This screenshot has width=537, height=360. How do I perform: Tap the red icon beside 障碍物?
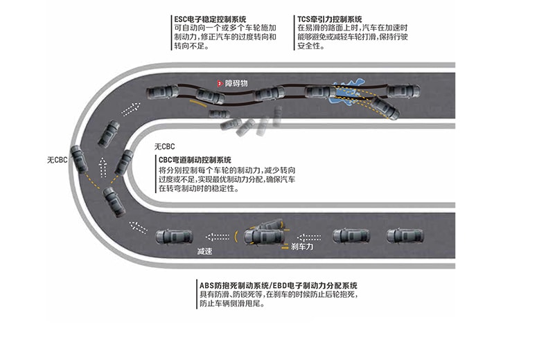click(x=219, y=83)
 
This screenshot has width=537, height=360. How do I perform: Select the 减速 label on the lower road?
click(x=204, y=251)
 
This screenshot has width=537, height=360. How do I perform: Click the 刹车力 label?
click(x=303, y=246)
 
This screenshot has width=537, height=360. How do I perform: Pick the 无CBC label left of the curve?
click(x=57, y=160)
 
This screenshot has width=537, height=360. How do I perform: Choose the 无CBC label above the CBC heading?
click(x=166, y=147)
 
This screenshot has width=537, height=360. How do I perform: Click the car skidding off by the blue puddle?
click(x=384, y=107)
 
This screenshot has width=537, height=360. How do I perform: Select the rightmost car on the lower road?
click(x=405, y=235)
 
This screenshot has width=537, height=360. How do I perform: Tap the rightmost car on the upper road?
click(x=403, y=91)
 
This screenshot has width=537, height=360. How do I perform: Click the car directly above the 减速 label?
click(x=174, y=236)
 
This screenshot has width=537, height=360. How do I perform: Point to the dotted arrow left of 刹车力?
click(x=308, y=237)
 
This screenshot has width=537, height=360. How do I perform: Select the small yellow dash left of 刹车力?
click(x=283, y=245)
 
